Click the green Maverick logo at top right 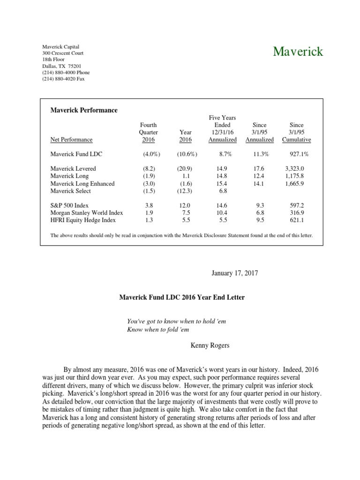coord(298,52)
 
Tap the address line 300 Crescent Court coord(63,53)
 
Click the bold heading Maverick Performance coord(84,110)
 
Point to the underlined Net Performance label coord(71,140)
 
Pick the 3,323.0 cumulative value coord(294,169)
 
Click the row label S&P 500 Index coord(69,205)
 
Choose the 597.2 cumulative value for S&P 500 coord(296,205)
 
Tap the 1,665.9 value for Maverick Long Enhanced coord(294,184)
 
